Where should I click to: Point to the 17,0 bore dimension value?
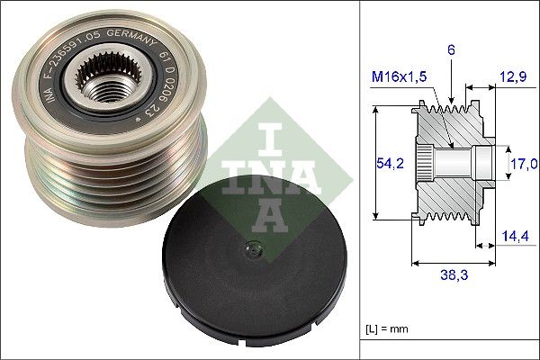523,163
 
